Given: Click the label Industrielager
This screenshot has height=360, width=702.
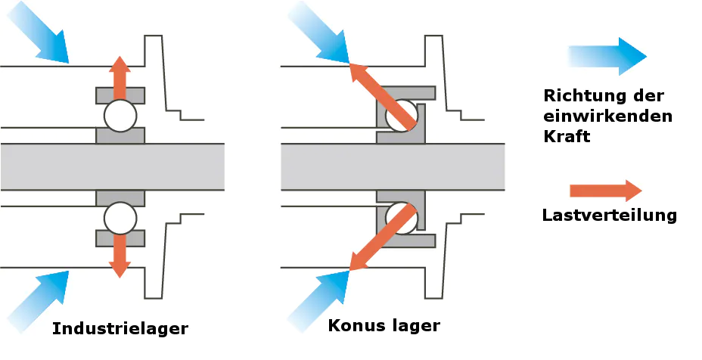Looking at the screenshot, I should pos(120,329).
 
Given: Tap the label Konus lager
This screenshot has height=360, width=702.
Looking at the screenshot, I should pos(384,326).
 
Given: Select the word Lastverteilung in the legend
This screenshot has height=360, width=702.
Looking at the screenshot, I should pos(609,215).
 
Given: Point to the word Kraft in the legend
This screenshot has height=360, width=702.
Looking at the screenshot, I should pos(567,137).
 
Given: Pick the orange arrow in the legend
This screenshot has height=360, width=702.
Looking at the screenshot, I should pos(605,190).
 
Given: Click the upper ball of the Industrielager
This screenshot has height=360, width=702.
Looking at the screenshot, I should pos(120,116).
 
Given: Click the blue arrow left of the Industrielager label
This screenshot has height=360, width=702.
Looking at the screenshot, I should pos(37,299).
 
